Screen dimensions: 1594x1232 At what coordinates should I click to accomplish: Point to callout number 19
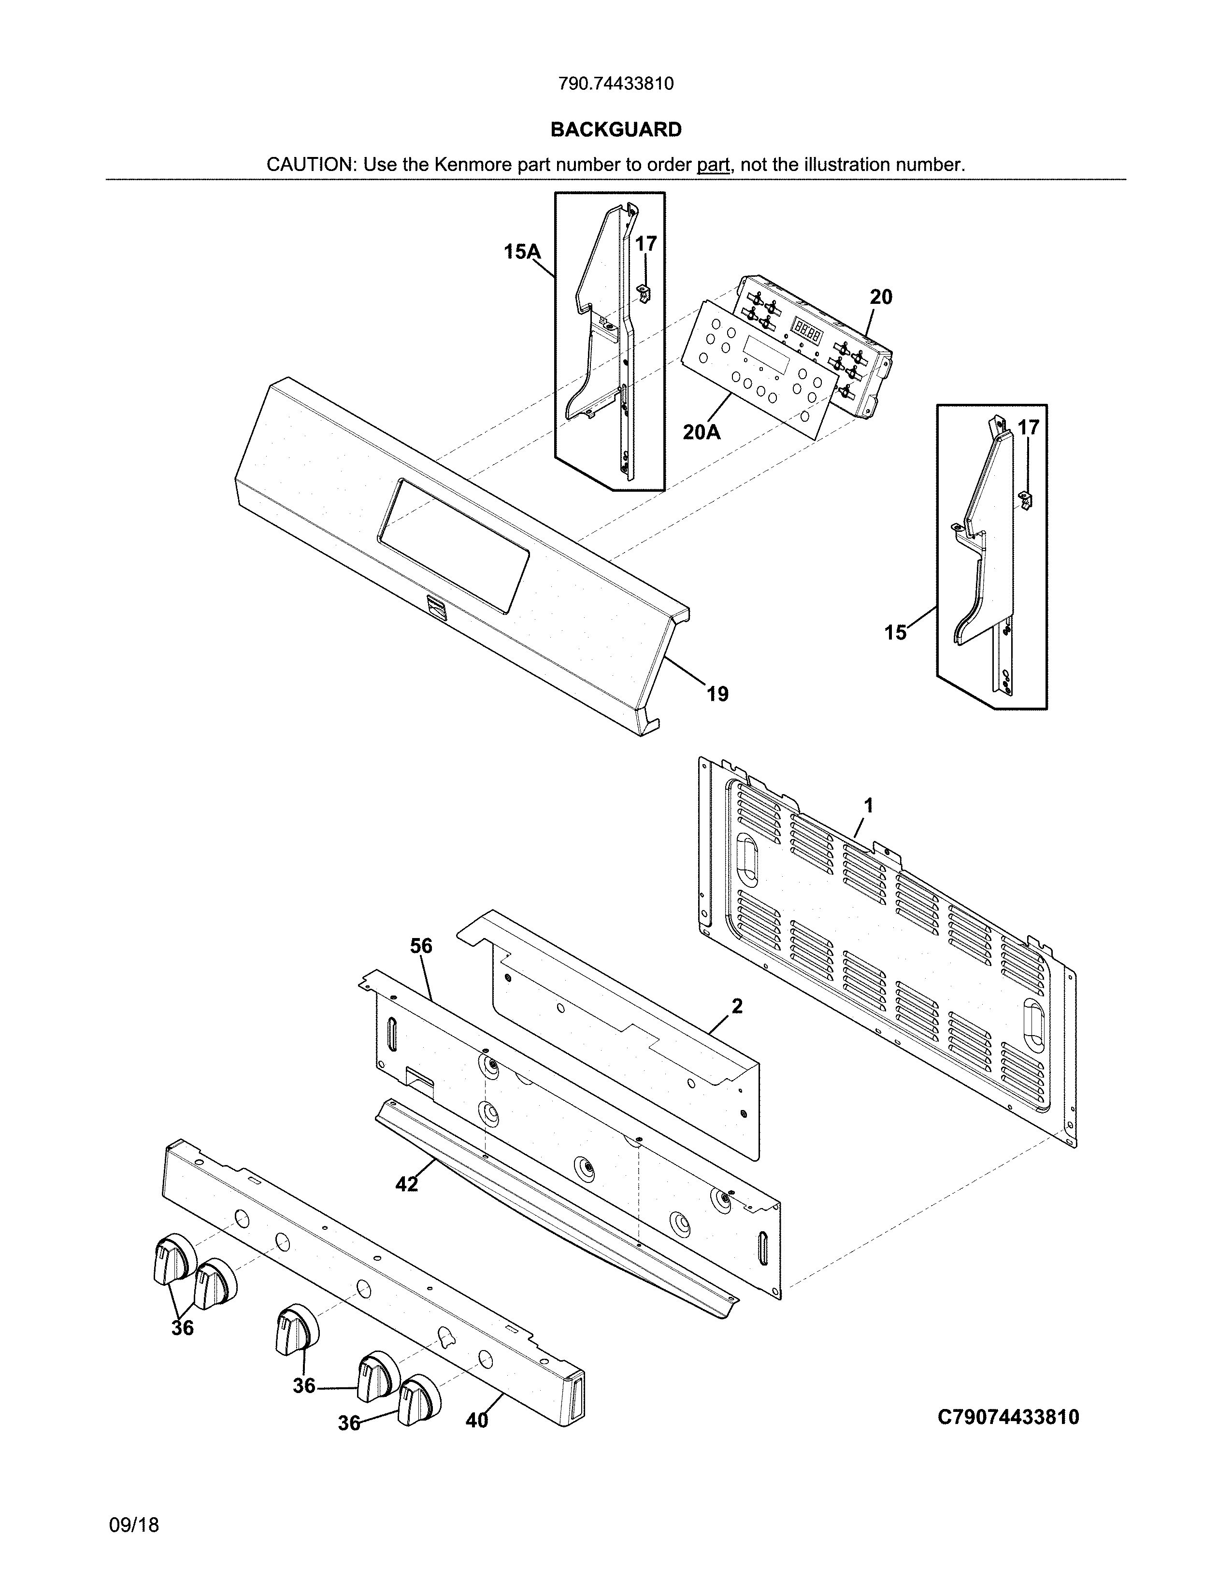(x=717, y=694)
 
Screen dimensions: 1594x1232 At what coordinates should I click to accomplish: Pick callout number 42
(x=406, y=1184)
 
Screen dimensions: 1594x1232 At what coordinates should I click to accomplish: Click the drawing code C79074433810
(x=1008, y=1417)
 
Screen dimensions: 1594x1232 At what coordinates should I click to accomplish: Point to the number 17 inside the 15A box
(x=646, y=244)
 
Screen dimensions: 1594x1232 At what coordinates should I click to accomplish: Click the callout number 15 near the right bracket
(x=896, y=632)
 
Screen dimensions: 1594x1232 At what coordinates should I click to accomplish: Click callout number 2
(x=737, y=1007)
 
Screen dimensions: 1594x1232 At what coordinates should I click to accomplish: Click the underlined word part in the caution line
(x=713, y=165)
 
